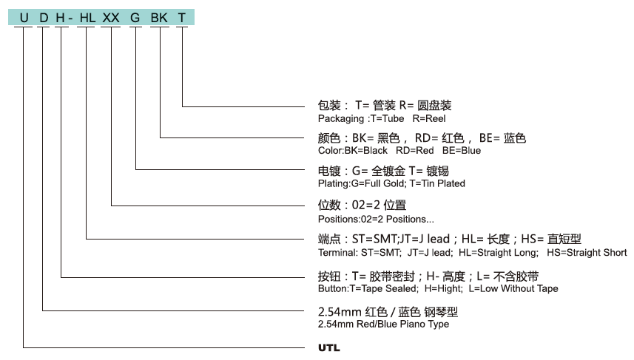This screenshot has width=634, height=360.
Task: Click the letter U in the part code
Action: [24, 17]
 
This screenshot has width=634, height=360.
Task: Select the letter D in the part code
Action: [44, 17]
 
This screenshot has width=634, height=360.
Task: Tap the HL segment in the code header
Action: [87, 17]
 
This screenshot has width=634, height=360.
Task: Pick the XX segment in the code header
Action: [111, 17]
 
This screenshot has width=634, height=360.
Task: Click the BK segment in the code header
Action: [159, 17]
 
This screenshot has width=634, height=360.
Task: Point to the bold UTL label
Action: [328, 347]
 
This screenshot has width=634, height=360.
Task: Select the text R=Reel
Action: [429, 118]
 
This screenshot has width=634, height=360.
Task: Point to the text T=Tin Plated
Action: [437, 183]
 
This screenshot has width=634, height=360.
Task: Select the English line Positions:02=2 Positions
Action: [376, 220]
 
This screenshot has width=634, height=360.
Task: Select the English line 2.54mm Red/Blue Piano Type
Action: [382, 324]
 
